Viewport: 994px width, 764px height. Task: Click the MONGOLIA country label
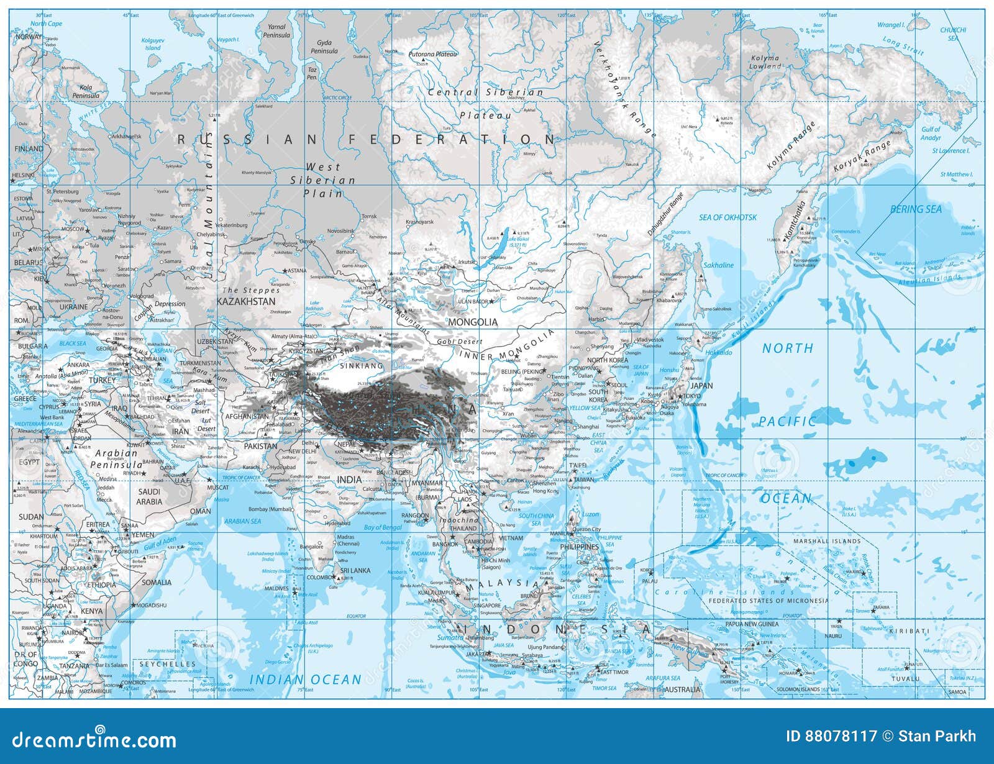(473, 322)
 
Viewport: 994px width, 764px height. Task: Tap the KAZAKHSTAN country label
(245, 301)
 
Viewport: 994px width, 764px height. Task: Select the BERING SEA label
(916, 209)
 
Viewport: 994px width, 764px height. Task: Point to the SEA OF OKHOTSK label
(728, 217)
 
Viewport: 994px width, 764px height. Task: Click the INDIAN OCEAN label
(305, 680)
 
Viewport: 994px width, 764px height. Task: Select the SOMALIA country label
(156, 583)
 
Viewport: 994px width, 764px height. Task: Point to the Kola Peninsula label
(86, 92)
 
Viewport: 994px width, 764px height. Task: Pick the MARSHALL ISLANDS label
(827, 541)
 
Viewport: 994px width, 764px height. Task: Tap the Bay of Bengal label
(383, 527)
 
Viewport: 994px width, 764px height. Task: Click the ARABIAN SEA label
(243, 521)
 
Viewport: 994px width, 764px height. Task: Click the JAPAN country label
(701, 385)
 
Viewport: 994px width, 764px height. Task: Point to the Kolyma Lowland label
(765, 62)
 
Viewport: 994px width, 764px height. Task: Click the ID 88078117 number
(831, 737)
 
